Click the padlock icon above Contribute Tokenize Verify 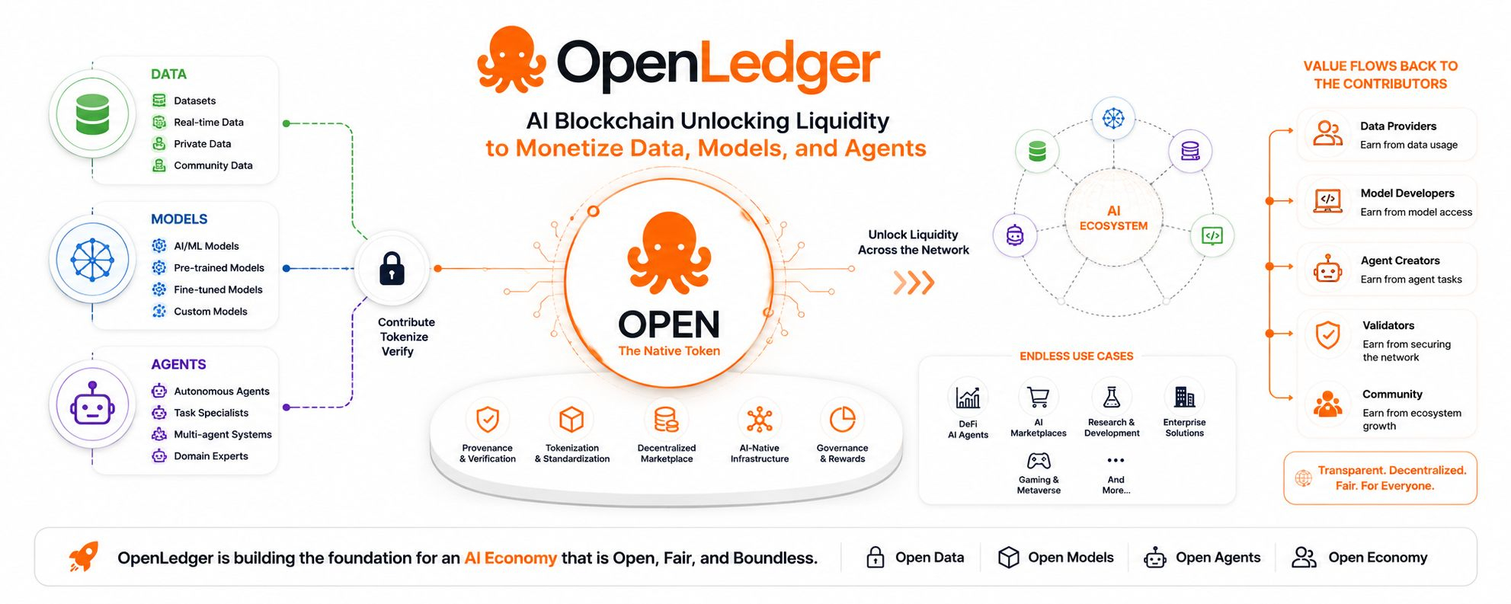click(x=392, y=268)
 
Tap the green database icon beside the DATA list click(x=92, y=114)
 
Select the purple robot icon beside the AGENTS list click(x=92, y=404)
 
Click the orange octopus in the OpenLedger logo click(x=511, y=60)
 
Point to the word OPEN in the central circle click(x=669, y=324)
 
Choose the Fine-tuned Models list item click(x=218, y=289)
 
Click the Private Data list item click(x=202, y=144)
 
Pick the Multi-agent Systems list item click(x=222, y=434)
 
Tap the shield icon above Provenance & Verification click(x=488, y=419)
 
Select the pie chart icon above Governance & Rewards click(x=842, y=419)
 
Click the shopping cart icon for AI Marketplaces click(x=1038, y=397)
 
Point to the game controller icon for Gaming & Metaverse click(x=1039, y=461)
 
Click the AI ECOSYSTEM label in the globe click(x=1113, y=219)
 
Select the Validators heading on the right click(x=1388, y=325)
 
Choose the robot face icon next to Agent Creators click(x=1327, y=268)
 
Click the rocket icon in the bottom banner click(x=84, y=557)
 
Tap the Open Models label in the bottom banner click(x=1071, y=558)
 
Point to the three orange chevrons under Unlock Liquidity click(x=914, y=283)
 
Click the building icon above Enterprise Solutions click(x=1184, y=397)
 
